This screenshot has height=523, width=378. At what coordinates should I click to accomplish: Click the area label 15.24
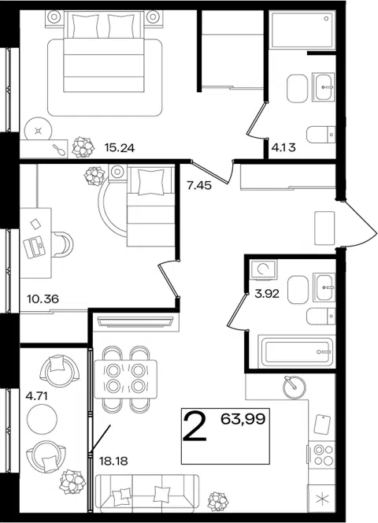click(120, 147)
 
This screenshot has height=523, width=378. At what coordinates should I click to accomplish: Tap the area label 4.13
click(283, 147)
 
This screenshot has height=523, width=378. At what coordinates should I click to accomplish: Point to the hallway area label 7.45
click(199, 185)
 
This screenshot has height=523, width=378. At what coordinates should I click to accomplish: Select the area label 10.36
click(43, 299)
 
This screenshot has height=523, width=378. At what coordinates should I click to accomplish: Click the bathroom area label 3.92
click(267, 294)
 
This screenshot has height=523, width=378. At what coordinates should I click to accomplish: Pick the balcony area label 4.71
click(37, 396)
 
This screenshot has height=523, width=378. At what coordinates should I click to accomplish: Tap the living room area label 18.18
click(113, 462)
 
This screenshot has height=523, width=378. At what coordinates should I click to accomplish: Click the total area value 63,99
click(243, 418)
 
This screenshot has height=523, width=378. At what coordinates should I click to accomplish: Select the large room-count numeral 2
click(195, 427)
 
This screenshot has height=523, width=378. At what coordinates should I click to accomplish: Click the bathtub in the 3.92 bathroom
click(297, 352)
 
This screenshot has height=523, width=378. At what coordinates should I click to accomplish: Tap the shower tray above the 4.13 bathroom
click(302, 31)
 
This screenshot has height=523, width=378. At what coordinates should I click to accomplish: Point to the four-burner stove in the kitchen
click(321, 454)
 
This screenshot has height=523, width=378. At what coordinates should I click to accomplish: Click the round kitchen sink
click(294, 388)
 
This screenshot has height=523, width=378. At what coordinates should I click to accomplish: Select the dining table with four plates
click(126, 379)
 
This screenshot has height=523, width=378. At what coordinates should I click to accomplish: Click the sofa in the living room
click(146, 493)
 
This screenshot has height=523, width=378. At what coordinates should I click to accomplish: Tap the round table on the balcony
click(42, 418)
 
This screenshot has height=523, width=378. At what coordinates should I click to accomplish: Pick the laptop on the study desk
click(34, 247)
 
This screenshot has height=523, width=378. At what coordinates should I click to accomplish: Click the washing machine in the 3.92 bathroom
click(264, 269)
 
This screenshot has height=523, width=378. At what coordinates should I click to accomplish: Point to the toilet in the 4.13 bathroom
click(321, 135)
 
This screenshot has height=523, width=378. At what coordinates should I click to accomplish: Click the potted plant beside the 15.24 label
click(83, 147)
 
